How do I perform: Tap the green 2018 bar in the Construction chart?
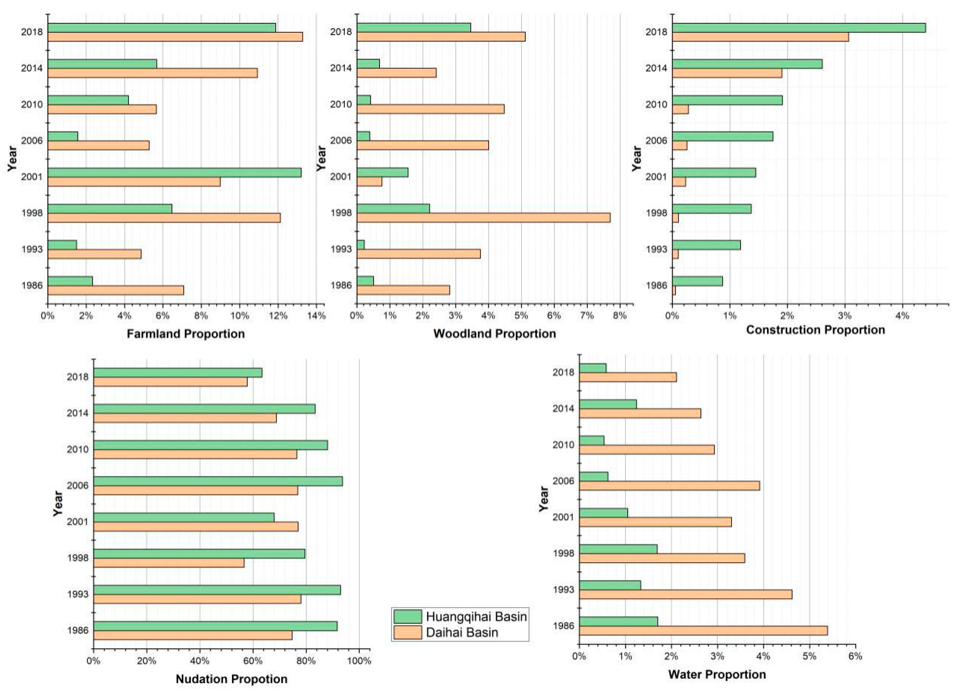(x=799, y=27)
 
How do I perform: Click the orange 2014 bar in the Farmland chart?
(x=152, y=73)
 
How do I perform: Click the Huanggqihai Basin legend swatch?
(x=408, y=616)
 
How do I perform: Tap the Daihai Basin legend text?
(x=462, y=632)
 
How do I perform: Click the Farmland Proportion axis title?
(x=186, y=334)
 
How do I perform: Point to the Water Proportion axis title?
(x=717, y=674)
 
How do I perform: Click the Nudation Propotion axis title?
(x=232, y=679)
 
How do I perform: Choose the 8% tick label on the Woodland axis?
(x=620, y=316)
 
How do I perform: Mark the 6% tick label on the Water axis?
(x=856, y=657)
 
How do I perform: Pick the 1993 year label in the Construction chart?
(x=657, y=249)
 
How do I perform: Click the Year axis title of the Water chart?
(x=544, y=499)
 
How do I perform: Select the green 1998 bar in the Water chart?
(x=618, y=549)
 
